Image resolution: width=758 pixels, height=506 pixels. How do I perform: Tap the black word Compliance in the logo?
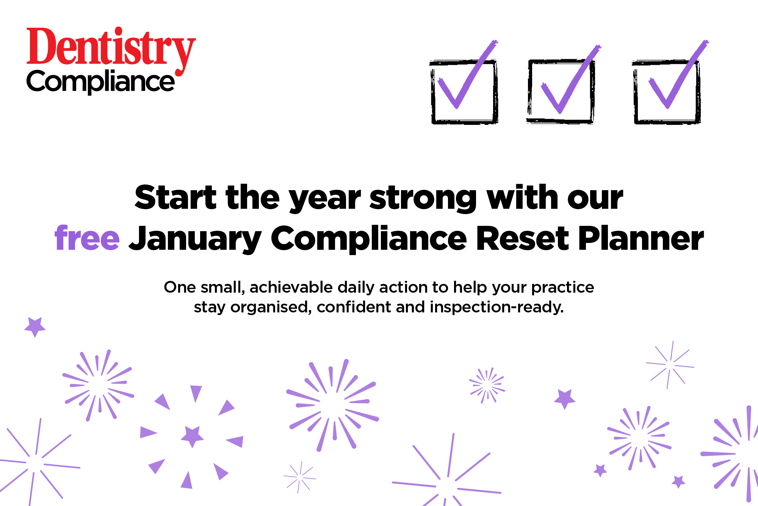[100, 82]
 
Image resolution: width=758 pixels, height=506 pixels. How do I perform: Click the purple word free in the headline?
[87, 238]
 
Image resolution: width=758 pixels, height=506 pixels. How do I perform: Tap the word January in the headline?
[195, 239]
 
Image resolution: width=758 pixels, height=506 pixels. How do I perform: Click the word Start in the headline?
[175, 197]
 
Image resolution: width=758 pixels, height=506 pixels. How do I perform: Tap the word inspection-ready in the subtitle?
[497, 307]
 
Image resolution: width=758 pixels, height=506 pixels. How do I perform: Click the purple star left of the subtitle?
[35, 327]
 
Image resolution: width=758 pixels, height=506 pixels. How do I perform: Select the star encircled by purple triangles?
[192, 436]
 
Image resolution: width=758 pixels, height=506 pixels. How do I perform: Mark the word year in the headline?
[325, 199]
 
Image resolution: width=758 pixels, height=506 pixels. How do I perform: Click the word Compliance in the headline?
[369, 239]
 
